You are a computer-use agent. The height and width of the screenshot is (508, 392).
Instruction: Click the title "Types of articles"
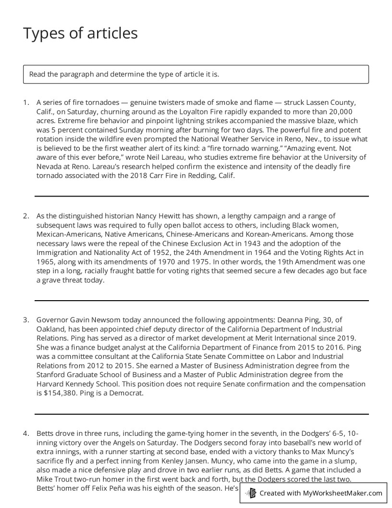point(80,33)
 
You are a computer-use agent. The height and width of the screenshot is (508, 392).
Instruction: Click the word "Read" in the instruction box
point(37,74)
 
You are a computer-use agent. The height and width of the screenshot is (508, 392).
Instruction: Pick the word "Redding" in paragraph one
point(202,176)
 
